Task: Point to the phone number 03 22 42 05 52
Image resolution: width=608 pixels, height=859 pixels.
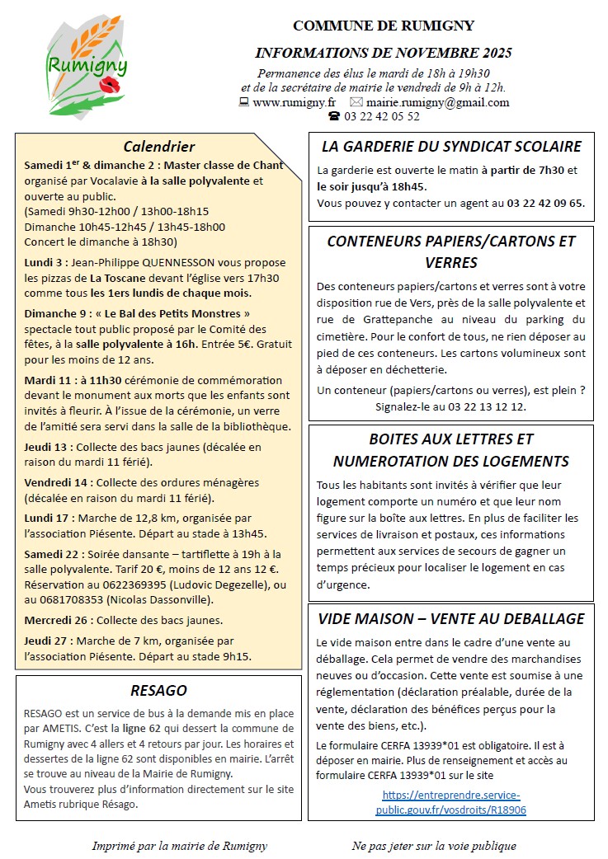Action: (382, 116)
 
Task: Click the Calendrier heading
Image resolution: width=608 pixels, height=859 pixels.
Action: (158, 147)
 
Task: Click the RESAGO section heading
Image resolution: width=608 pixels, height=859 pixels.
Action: (158, 690)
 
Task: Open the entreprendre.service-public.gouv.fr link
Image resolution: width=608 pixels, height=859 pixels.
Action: (451, 802)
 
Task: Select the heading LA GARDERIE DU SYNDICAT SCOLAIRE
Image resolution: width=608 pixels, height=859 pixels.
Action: (451, 147)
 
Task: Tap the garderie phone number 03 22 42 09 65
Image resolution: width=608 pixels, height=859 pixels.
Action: (545, 203)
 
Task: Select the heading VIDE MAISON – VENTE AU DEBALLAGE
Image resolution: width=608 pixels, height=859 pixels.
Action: (451, 618)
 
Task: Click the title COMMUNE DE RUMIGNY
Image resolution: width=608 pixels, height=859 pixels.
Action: (384, 26)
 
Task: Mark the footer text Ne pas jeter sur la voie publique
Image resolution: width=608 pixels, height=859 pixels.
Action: (434, 845)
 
